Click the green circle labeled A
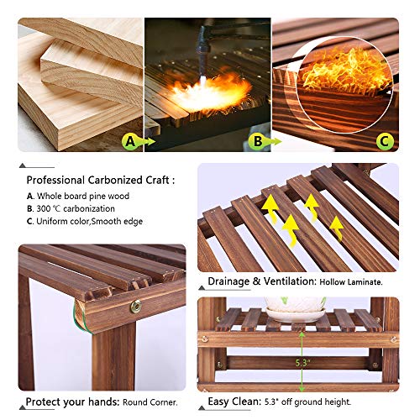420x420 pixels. pos(129,141)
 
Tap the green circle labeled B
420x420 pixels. pos(258,141)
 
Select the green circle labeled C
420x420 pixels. pos(385,141)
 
